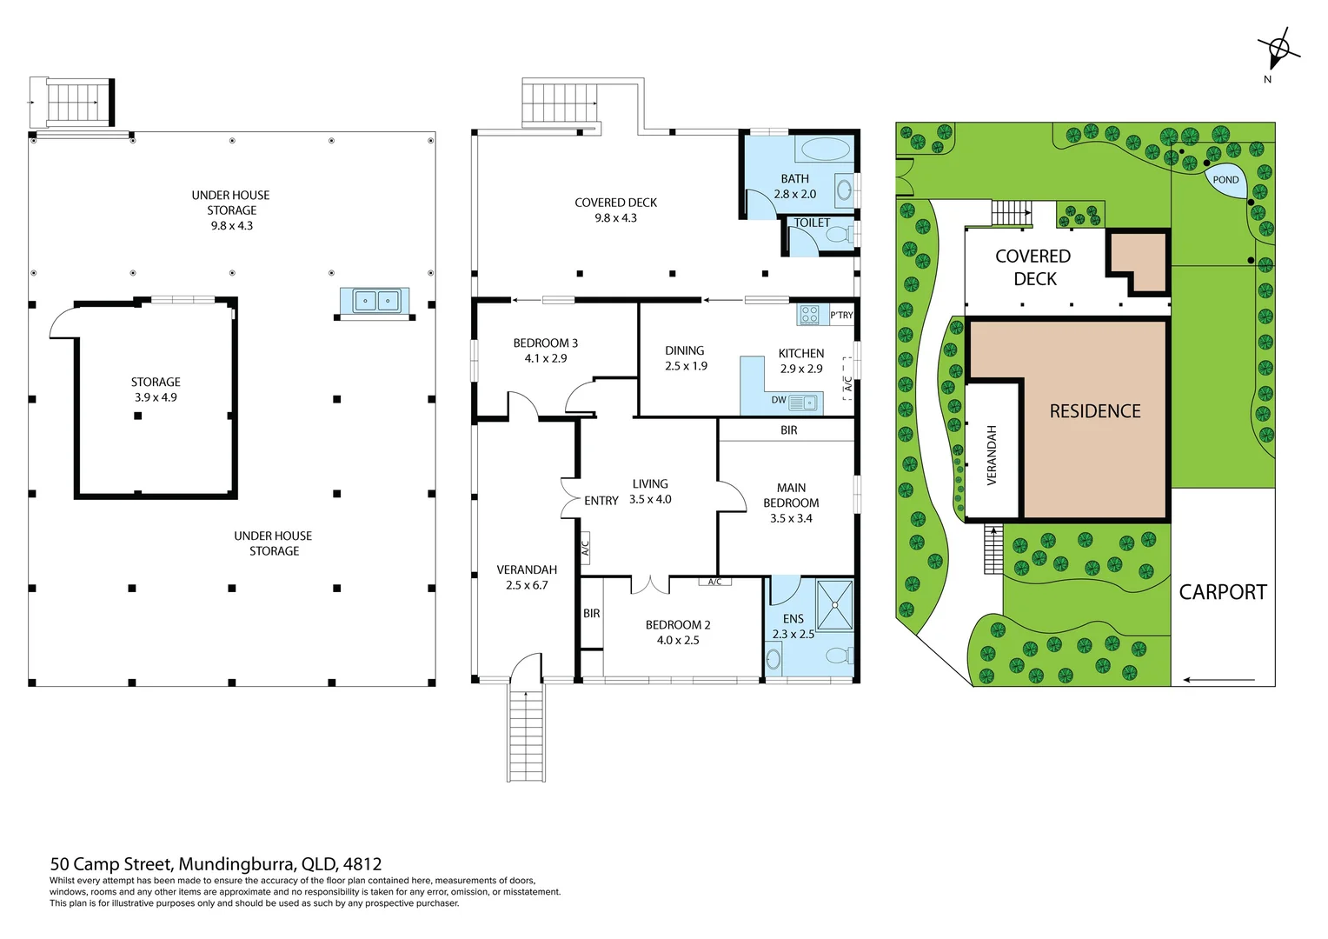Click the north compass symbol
coord(1278,49)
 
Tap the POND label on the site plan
coord(1225,180)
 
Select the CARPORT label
coord(1223,592)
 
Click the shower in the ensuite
coord(834,605)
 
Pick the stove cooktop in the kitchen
coord(809,315)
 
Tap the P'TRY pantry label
coord(841,315)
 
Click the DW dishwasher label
coord(779,400)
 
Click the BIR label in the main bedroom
coord(788,430)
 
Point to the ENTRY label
coord(601,501)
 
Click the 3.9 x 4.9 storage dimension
coord(156,397)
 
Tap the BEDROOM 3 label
coord(546,343)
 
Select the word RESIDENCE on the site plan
coord(1095,411)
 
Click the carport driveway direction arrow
coord(1218,680)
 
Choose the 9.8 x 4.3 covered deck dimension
coord(615,217)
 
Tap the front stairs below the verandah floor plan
coord(526,733)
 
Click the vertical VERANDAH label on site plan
coord(992,455)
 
